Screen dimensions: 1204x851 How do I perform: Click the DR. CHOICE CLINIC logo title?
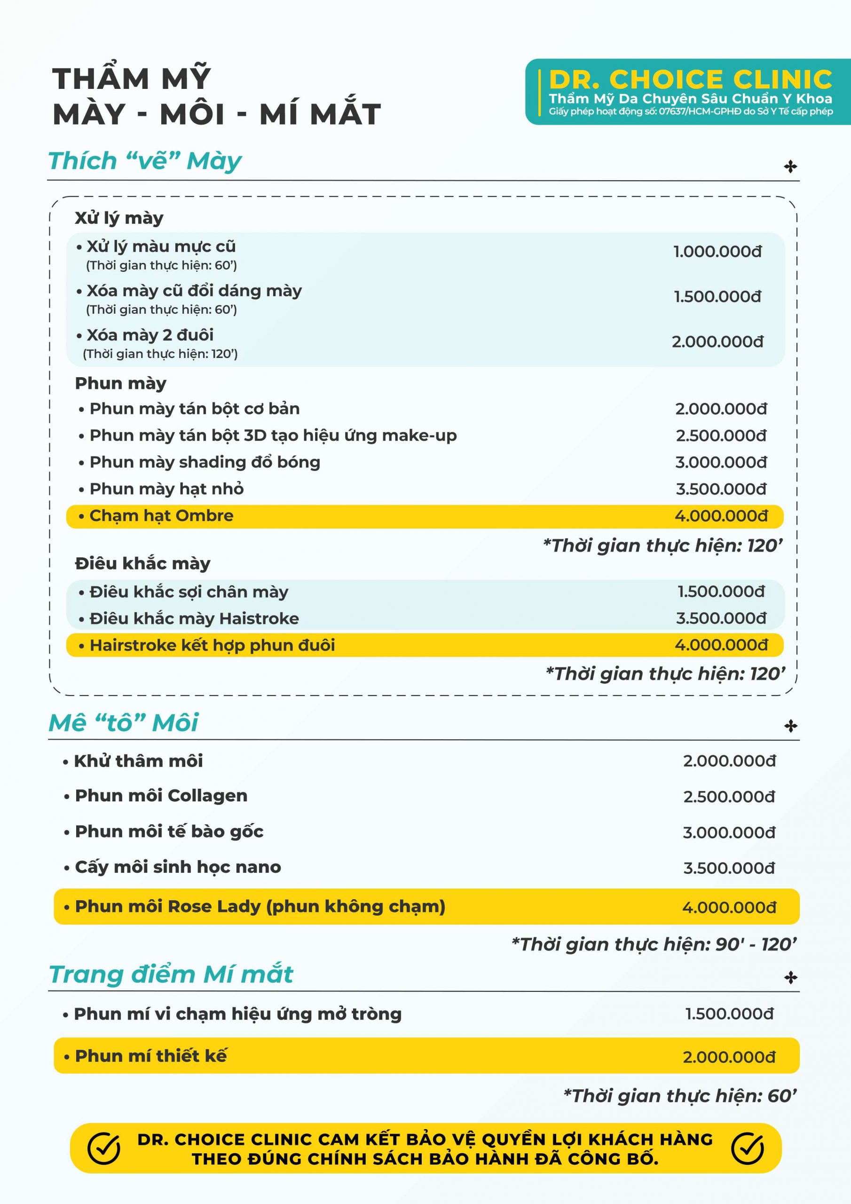pyautogui.click(x=690, y=79)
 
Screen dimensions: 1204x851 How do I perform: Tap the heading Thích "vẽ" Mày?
pyautogui.click(x=145, y=161)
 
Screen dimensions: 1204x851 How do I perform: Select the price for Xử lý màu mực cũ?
pyautogui.click(x=717, y=252)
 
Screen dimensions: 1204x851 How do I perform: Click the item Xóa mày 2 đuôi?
pyautogui.click(x=150, y=335)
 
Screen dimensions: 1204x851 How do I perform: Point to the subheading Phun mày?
pyautogui.click(x=121, y=383)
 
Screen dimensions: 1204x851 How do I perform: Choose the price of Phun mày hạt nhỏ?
pyautogui.click(x=721, y=489)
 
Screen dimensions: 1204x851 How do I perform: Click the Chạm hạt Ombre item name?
pyautogui.click(x=161, y=516)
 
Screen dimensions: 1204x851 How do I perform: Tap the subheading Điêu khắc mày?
pyautogui.click(x=142, y=564)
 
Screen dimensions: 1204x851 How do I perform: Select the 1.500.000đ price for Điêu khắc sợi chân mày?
pyautogui.click(x=721, y=592)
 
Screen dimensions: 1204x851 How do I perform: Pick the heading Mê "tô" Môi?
pyautogui.click(x=123, y=722)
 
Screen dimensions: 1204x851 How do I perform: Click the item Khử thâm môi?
pyautogui.click(x=138, y=761)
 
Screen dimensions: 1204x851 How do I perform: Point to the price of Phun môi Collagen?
pyautogui.click(x=729, y=797)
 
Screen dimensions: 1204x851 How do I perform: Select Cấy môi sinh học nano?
pyautogui.click(x=178, y=867)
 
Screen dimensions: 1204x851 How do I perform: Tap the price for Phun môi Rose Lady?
pyautogui.click(x=729, y=908)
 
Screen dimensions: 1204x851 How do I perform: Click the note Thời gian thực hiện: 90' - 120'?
pyautogui.click(x=654, y=944)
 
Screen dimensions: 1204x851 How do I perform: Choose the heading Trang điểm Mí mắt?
pyautogui.click(x=171, y=974)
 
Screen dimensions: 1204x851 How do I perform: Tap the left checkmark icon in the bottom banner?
pyautogui.click(x=104, y=1149)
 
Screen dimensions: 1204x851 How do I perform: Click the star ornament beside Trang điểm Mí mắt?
pyautogui.click(x=790, y=978)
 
